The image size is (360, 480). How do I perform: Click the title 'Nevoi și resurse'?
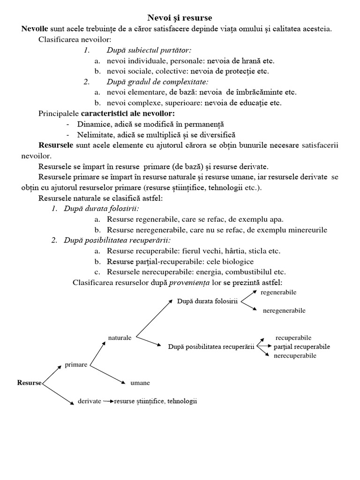[180, 19]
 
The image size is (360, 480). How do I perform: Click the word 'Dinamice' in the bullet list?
[92, 124]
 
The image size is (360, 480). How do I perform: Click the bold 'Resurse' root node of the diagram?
[30, 382]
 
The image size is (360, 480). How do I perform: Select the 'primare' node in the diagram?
[76, 365]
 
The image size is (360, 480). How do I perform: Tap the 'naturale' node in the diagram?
[120, 337]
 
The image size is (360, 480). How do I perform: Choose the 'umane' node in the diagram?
[140, 383]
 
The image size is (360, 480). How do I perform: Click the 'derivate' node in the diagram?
[89, 402]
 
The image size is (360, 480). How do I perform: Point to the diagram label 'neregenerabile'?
[284, 310]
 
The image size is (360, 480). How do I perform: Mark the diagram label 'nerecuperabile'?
[295, 356]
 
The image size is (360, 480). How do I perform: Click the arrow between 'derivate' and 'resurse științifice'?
[108, 402]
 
